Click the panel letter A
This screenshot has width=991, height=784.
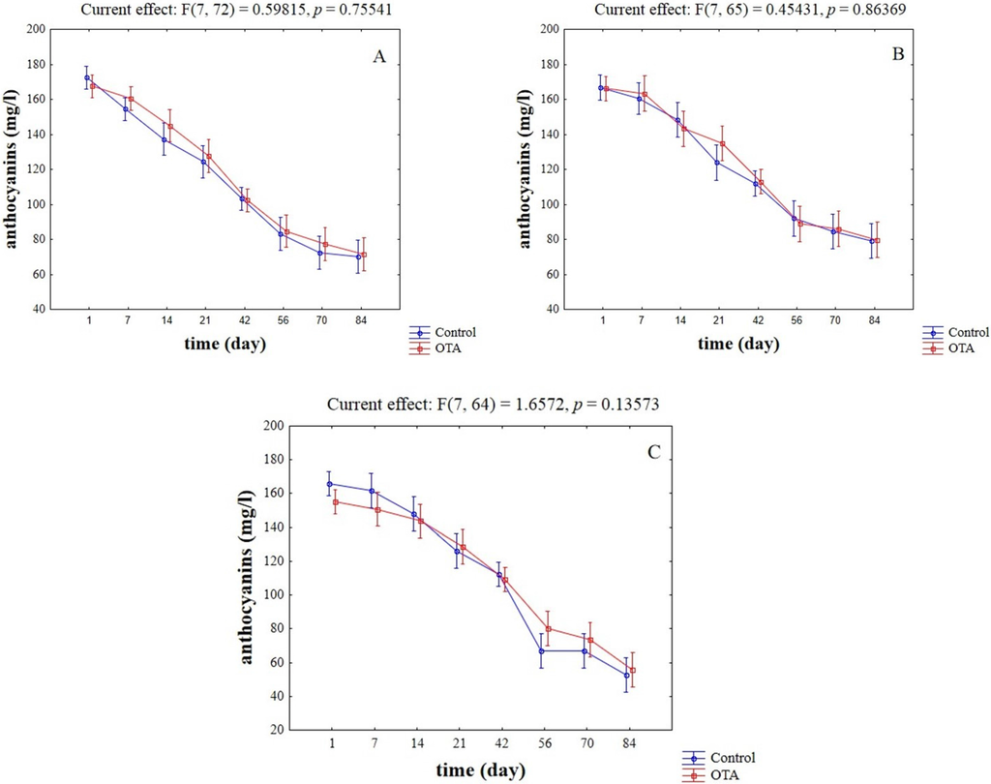coord(380,56)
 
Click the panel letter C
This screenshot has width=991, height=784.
coord(654,452)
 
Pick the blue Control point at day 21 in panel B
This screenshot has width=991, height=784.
coord(717,163)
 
